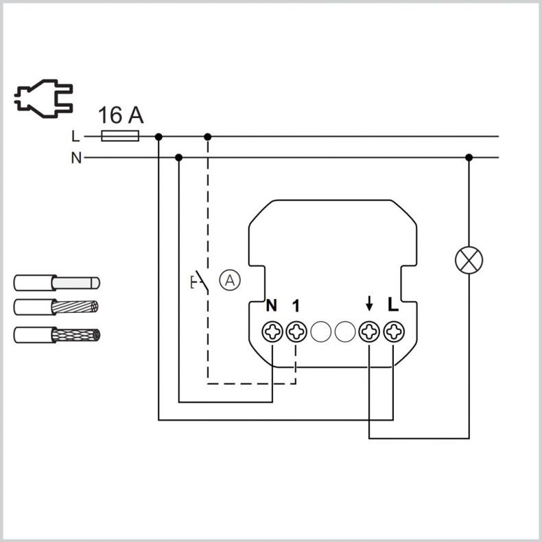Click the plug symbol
click(43, 98)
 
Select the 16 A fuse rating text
click(121, 115)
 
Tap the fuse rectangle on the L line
click(120, 136)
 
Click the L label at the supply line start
click(75, 137)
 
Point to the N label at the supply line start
click(76, 158)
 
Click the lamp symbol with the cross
click(469, 260)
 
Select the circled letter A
click(230, 281)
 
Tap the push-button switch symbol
click(200, 281)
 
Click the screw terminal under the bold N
click(272, 332)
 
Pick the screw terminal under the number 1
click(296, 332)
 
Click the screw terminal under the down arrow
click(369, 332)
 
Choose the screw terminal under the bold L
click(393, 332)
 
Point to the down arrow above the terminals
click(369, 303)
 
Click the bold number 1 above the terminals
click(296, 305)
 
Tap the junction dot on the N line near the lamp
click(469, 158)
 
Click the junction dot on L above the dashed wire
click(207, 137)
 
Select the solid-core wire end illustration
click(57, 283)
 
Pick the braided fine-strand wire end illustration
click(57, 335)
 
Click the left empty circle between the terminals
click(321, 332)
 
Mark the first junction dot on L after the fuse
click(158, 137)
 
